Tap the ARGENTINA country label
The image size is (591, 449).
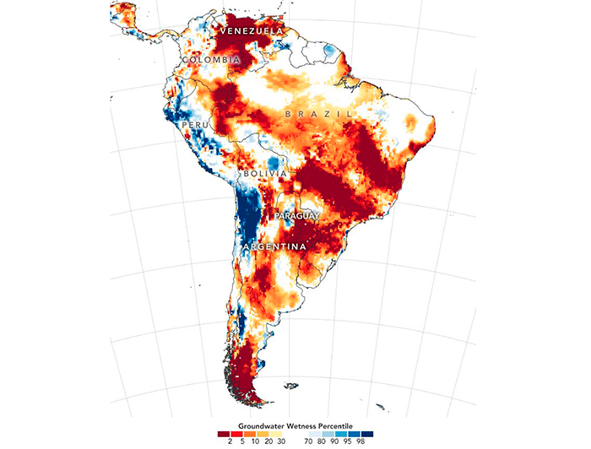click(x=274, y=246)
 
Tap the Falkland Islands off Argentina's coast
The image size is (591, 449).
click(x=290, y=387)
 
